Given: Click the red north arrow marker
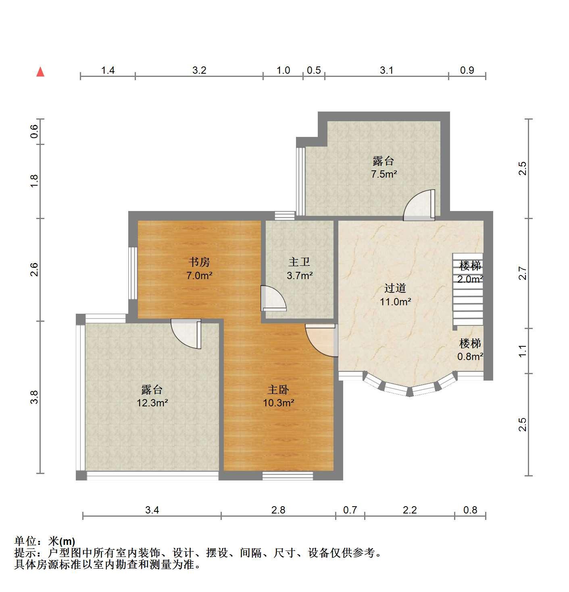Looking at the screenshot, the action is [x=40, y=72].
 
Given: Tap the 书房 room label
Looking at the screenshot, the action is [x=199, y=262].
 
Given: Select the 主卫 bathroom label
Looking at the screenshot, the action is [x=299, y=262].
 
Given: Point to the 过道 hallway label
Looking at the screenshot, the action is [x=395, y=288].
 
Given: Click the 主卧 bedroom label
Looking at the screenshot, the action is [x=278, y=389].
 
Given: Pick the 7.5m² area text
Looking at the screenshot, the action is [x=384, y=174].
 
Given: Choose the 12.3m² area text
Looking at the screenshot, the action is [x=152, y=403].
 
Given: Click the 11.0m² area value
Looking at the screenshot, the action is [x=395, y=302].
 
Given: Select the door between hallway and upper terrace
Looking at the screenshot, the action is [x=419, y=205].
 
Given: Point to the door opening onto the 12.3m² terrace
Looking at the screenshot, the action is [x=186, y=334].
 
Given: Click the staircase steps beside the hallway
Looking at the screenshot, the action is [x=468, y=290].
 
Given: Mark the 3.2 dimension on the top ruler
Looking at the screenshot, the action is [x=199, y=70].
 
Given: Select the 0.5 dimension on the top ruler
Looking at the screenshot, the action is [x=314, y=70].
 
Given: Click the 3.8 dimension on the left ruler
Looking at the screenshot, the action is [x=34, y=397].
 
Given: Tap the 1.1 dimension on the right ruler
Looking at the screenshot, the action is [x=522, y=351].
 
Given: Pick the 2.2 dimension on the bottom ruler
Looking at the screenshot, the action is [x=410, y=510].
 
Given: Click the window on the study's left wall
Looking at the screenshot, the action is [x=133, y=273].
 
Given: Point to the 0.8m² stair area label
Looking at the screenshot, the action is [x=470, y=356].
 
